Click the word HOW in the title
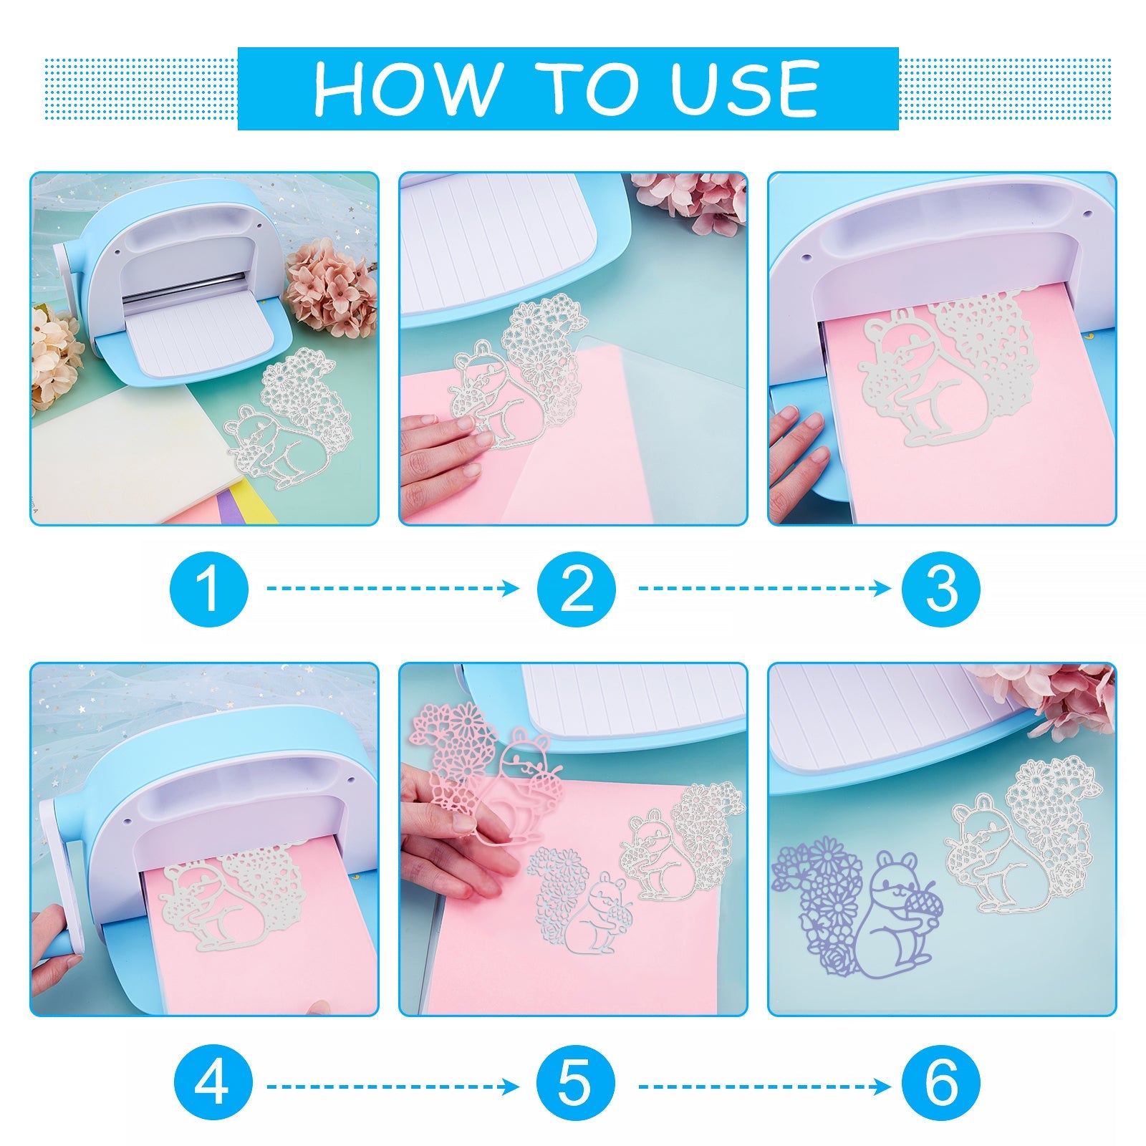[407, 89]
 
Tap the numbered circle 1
[209, 589]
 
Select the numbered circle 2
[577, 589]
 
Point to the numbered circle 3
[941, 589]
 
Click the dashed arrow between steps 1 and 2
[393, 589]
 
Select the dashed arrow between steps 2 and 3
[765, 589]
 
